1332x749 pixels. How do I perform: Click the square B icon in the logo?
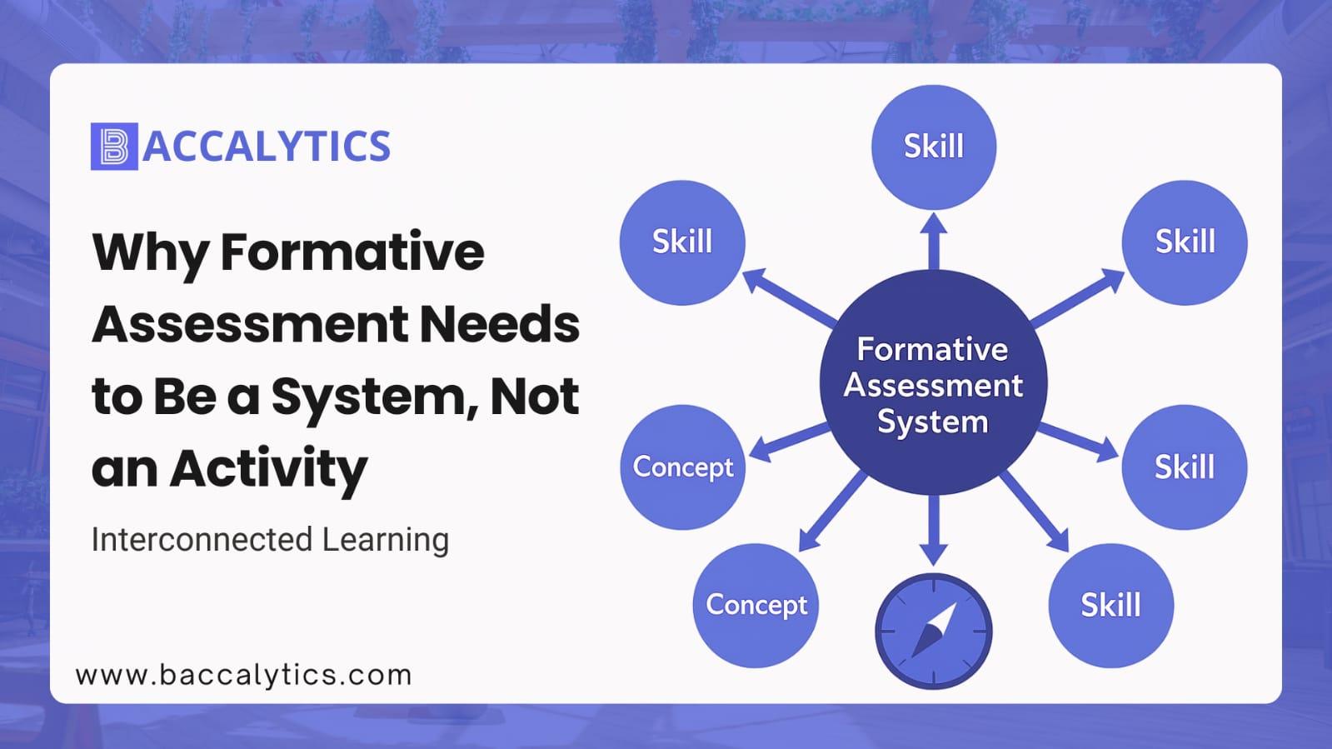(114, 147)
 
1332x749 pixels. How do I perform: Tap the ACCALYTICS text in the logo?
(267, 147)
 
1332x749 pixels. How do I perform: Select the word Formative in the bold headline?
(352, 252)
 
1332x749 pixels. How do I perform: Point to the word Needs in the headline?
(500, 324)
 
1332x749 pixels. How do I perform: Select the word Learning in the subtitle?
(386, 540)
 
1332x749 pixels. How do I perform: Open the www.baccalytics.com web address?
(244, 675)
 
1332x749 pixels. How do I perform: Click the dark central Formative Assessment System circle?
(934, 382)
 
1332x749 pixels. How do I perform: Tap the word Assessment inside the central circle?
(934, 386)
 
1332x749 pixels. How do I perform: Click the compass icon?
(934, 632)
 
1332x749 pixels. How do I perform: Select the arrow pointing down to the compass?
(934, 531)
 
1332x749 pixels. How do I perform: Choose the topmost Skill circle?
(934, 147)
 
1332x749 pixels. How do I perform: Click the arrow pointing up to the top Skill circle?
(934, 241)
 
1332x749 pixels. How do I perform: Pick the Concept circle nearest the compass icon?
(756, 605)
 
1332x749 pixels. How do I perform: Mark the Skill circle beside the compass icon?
(1110, 605)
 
